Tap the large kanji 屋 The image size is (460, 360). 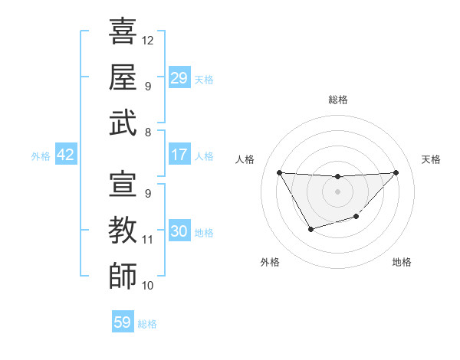123,77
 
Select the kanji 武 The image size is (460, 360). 123,123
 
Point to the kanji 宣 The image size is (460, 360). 123,184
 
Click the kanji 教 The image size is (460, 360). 123,230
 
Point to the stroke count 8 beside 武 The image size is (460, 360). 148,132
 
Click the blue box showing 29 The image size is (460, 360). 179,78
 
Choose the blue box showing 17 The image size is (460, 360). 179,155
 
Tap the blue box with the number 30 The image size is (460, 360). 179,231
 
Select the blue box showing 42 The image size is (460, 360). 66,155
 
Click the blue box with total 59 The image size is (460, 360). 123,322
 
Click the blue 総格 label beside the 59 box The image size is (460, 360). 147,323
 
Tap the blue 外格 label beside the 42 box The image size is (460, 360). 41,155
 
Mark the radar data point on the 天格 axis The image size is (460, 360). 396,172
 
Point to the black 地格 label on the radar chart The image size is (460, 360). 402,262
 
